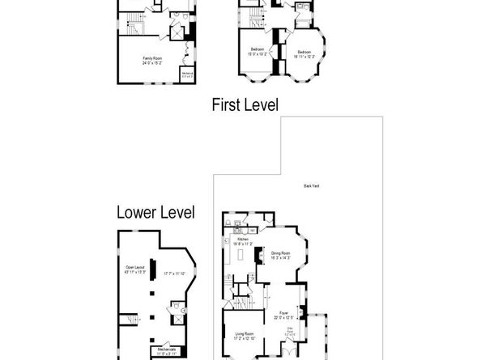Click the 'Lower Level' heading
click(x=155, y=213)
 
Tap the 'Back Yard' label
click(x=311, y=186)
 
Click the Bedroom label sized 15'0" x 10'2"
click(x=258, y=50)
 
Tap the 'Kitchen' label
click(x=240, y=239)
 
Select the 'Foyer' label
click(x=283, y=311)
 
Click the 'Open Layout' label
click(x=134, y=266)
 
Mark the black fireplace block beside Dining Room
click(x=258, y=256)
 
